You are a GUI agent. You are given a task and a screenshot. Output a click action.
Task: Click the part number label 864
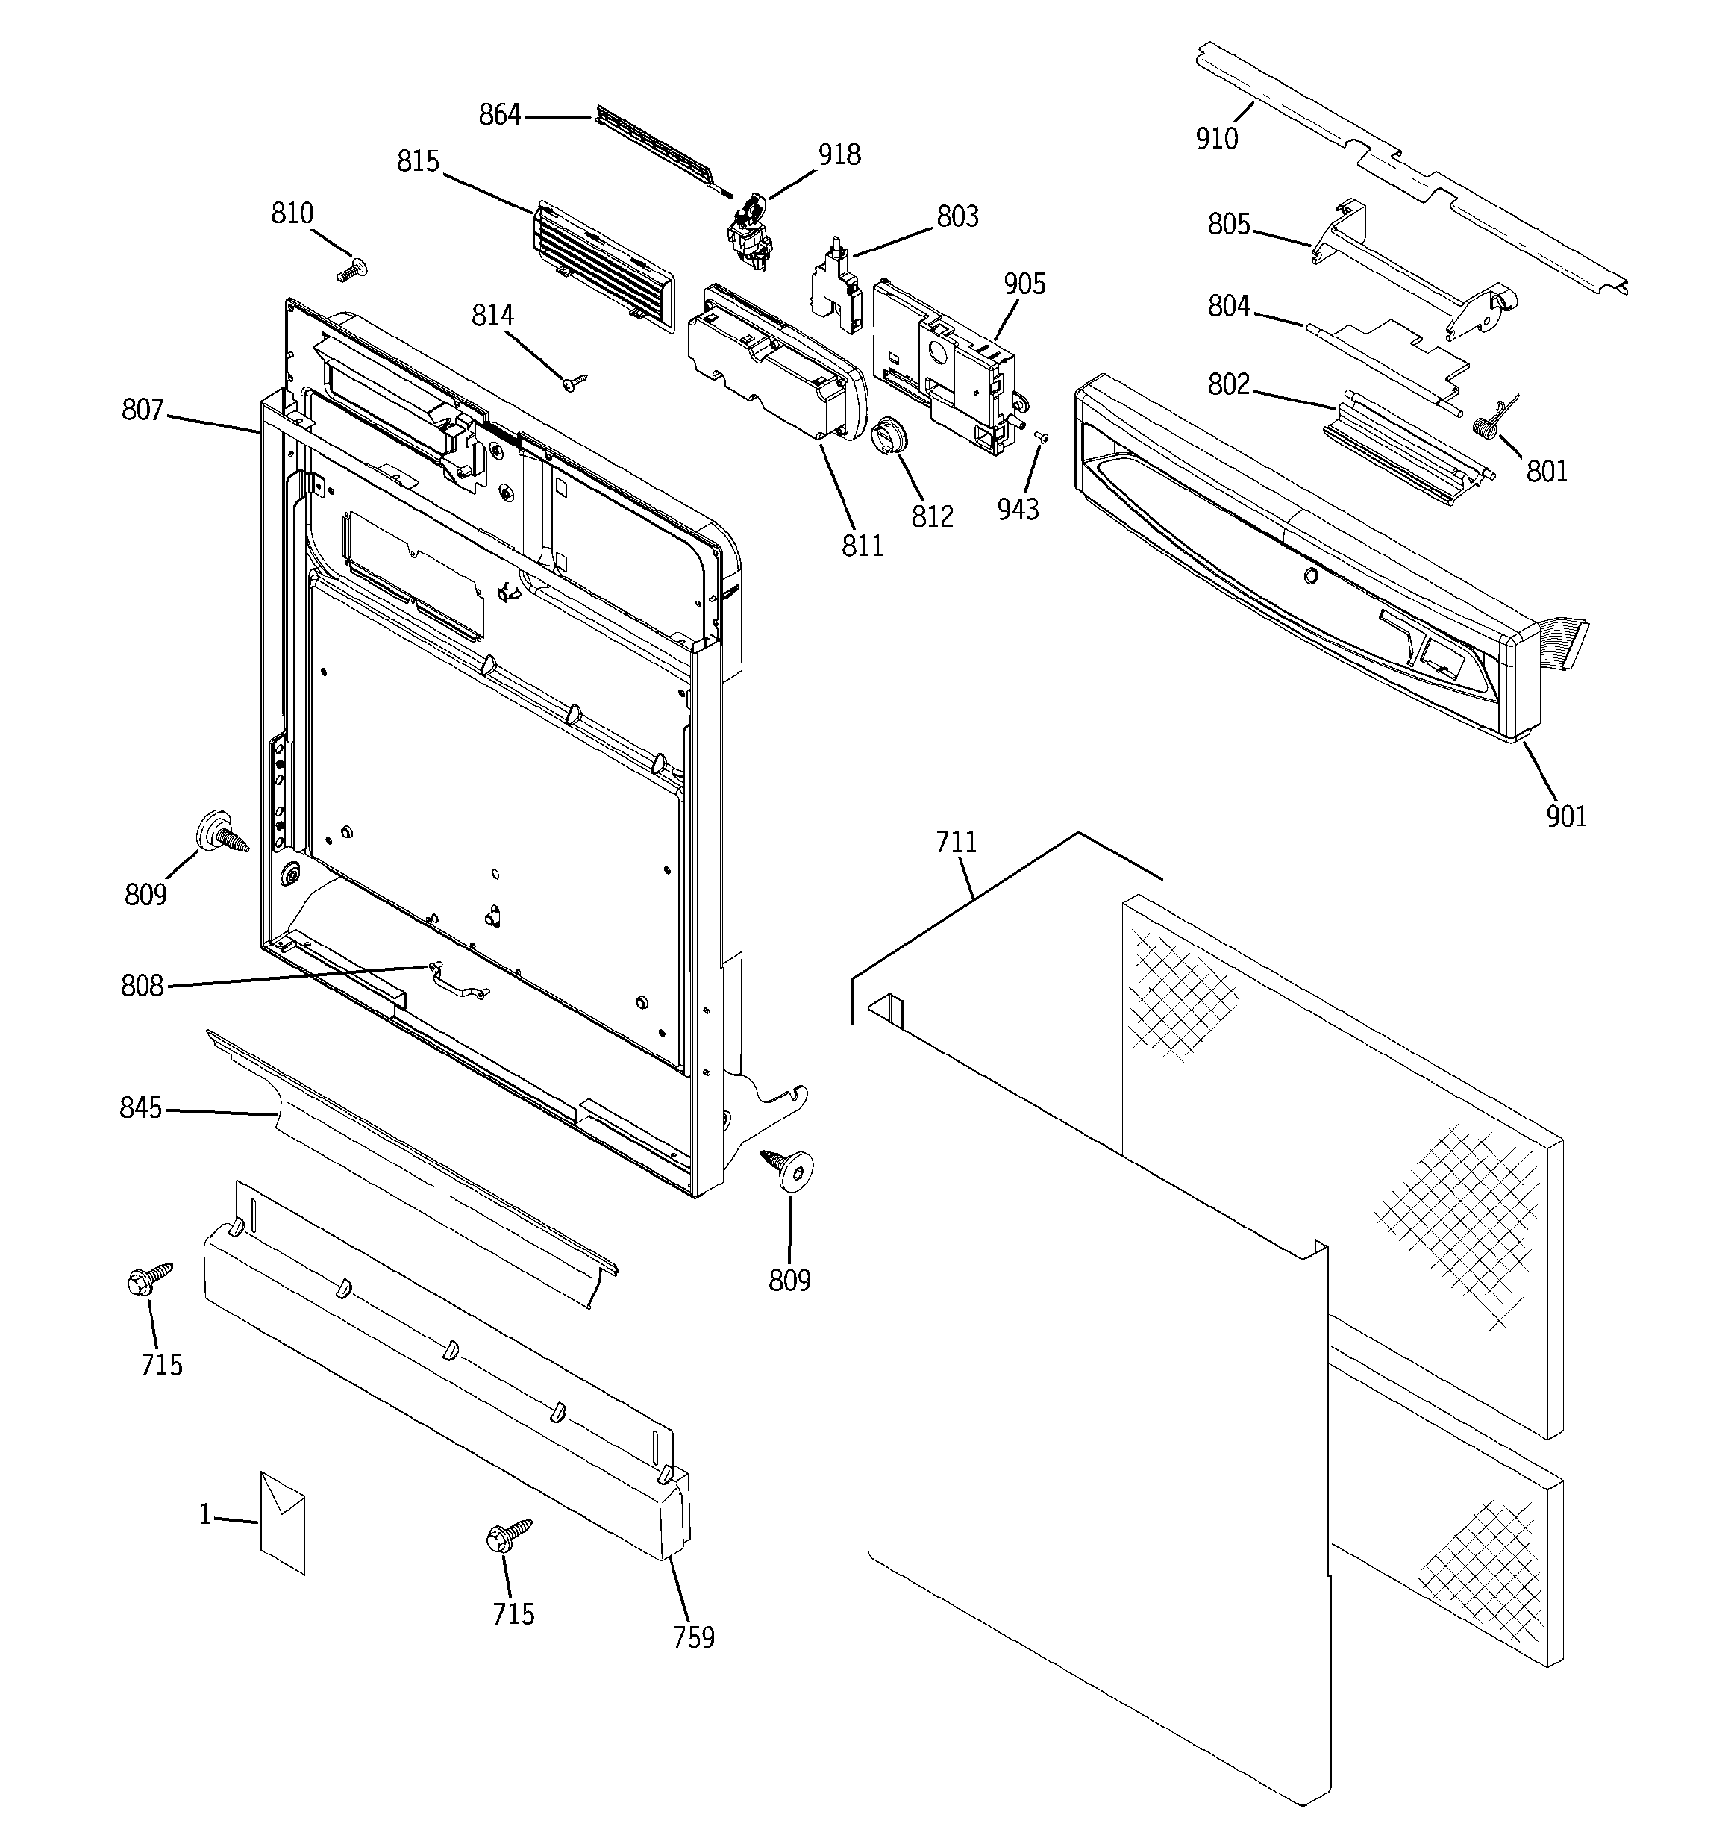[499, 115]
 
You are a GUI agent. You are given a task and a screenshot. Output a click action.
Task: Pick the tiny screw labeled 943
[1042, 437]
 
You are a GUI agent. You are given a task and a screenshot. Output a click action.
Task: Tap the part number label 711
[956, 843]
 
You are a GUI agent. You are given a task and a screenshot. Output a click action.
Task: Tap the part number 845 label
[140, 1108]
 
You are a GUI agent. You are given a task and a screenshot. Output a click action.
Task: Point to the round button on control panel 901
[1310, 576]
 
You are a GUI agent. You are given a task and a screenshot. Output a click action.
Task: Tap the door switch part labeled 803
[836, 284]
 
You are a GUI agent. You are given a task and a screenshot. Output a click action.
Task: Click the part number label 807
[143, 410]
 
